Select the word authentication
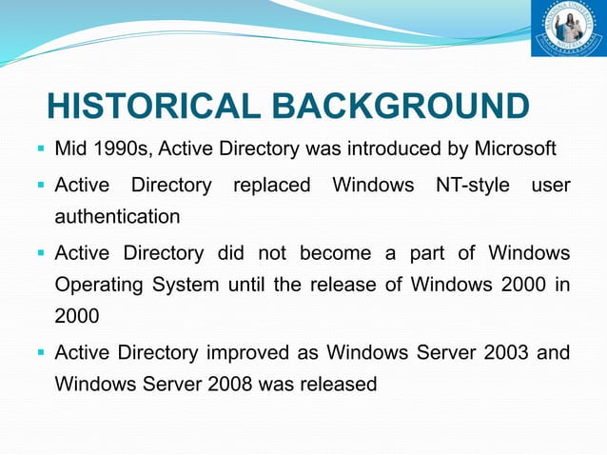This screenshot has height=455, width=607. pyautogui.click(x=117, y=217)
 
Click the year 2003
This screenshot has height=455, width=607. pyautogui.click(x=504, y=353)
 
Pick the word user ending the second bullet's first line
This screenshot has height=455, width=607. pyautogui.click(x=551, y=185)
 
